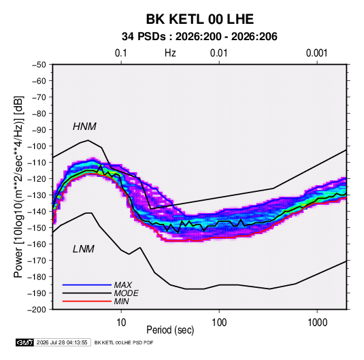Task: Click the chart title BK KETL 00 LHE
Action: (x=199, y=19)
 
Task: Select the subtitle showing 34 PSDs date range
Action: (x=199, y=37)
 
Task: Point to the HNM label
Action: (x=84, y=127)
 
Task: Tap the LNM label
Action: (x=84, y=249)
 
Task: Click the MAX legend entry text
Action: (x=123, y=285)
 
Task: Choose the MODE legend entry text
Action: (x=127, y=293)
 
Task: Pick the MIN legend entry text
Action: (x=121, y=301)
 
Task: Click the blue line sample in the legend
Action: (x=87, y=285)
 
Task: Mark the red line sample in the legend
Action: (x=87, y=301)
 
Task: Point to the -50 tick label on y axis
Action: (x=39, y=65)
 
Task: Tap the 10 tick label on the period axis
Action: (x=121, y=323)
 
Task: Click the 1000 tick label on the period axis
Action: (x=317, y=323)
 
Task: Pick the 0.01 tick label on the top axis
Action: (x=219, y=53)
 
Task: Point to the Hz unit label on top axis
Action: (x=170, y=53)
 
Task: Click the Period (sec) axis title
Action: (x=170, y=330)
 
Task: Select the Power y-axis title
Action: (x=18, y=186)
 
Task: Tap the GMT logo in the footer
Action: (x=24, y=342)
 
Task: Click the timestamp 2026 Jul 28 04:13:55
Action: (x=62, y=342)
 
